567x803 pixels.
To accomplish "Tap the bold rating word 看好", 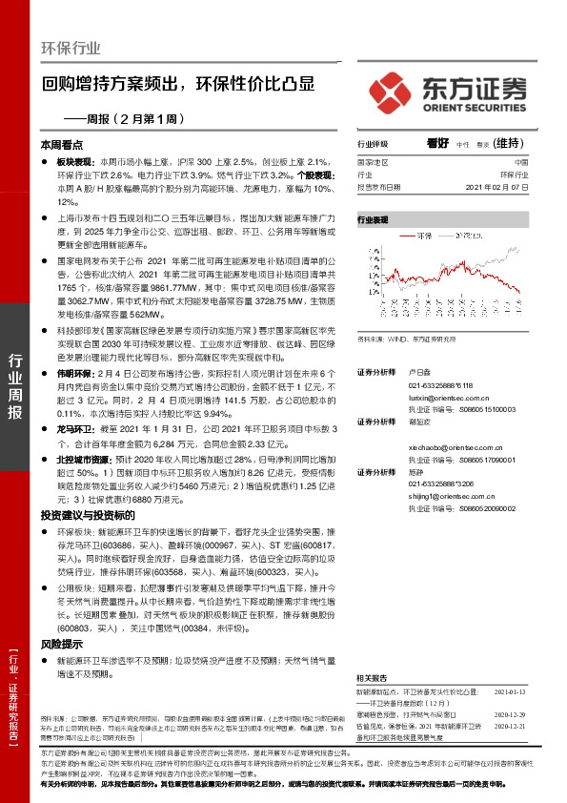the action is (437, 143).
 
